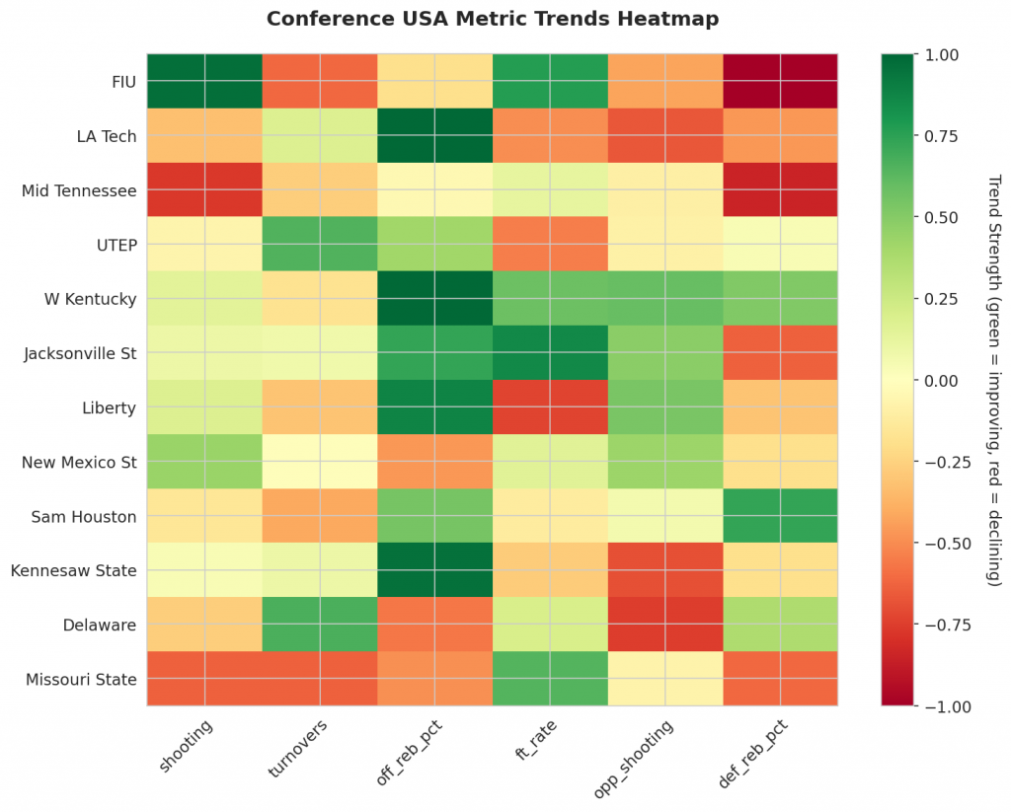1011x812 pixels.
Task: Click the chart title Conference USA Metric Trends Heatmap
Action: point(493,19)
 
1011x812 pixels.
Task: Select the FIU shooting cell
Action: point(204,80)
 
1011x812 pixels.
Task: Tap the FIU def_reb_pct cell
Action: point(780,80)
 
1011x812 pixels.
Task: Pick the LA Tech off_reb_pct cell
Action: point(435,135)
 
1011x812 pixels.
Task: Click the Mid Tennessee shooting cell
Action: point(204,189)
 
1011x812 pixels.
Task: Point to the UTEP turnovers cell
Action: point(320,244)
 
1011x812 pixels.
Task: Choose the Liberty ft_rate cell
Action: point(550,406)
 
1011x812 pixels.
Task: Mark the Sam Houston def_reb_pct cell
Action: point(780,515)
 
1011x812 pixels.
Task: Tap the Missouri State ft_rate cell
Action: point(550,679)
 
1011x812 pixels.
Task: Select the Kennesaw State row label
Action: point(74,570)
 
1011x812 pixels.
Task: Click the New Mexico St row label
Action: point(78,461)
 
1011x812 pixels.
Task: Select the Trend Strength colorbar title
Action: point(994,380)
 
